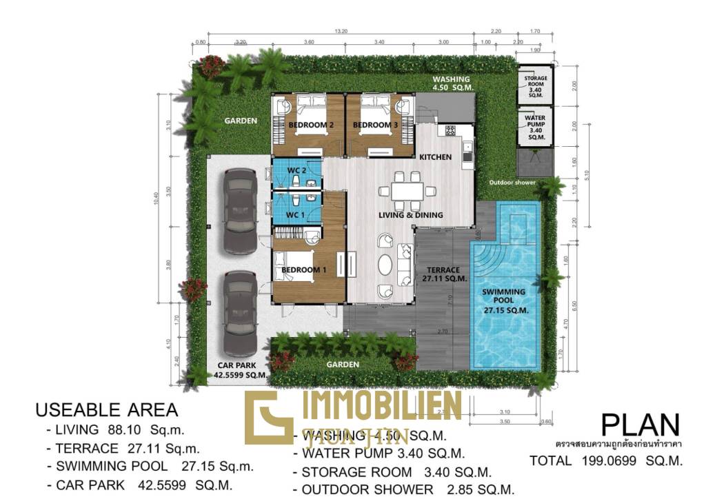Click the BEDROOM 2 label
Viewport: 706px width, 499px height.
[311, 125]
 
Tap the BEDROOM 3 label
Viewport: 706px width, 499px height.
[375, 125]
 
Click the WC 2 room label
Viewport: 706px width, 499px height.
[297, 170]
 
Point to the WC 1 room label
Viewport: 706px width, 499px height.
[296, 214]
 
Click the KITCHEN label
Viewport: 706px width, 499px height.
[436, 157]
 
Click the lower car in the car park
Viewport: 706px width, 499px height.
[240, 312]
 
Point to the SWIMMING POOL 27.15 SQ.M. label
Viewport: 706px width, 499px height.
[503, 301]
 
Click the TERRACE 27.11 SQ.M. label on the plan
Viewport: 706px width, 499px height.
[444, 274]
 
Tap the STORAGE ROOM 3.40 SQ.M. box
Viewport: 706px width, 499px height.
[534, 87]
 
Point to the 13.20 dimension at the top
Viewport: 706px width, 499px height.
[341, 31]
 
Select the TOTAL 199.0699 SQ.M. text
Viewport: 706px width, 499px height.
[606, 460]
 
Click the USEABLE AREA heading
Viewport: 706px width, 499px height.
[106, 409]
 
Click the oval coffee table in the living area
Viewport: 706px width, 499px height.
[385, 265]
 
